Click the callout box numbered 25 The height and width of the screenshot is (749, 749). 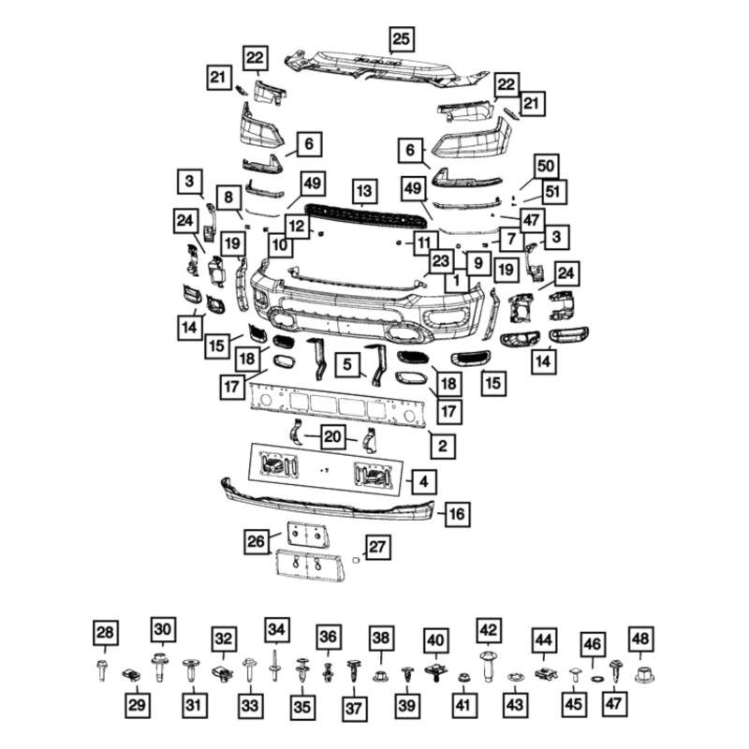[401, 38]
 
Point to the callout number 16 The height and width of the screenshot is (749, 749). [457, 514]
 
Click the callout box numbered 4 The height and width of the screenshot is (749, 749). [424, 482]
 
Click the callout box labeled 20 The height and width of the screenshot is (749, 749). [332, 436]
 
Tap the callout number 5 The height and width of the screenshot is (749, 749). [348, 362]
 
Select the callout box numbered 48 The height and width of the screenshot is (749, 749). [640, 639]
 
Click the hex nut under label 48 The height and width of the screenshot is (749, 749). [643, 674]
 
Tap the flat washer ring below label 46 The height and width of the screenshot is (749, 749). [594, 677]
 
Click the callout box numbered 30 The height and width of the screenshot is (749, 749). [164, 630]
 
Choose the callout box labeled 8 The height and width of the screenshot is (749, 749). [228, 198]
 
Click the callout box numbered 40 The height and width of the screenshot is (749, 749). [435, 639]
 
